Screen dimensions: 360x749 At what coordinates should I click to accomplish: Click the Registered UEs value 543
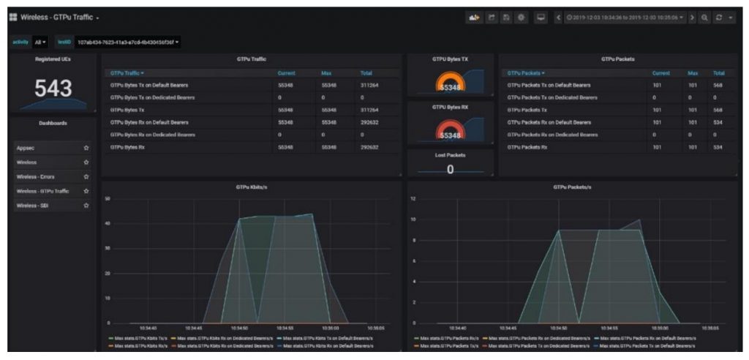(53, 89)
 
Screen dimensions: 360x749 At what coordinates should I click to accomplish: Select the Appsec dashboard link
(26, 148)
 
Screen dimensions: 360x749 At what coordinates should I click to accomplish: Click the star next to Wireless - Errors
(86, 176)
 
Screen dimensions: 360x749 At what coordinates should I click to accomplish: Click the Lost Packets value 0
(450, 169)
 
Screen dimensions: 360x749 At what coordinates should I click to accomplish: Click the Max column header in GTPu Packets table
(693, 72)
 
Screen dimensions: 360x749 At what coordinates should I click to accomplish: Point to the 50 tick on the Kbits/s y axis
(108, 198)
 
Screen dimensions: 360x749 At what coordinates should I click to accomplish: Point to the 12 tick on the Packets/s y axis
(413, 198)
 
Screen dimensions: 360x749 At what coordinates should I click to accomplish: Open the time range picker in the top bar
(625, 17)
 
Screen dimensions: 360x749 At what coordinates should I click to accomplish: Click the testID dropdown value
(128, 42)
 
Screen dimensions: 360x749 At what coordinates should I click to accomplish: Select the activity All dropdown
(40, 42)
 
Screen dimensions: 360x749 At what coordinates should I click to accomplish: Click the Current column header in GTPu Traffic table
(286, 72)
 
